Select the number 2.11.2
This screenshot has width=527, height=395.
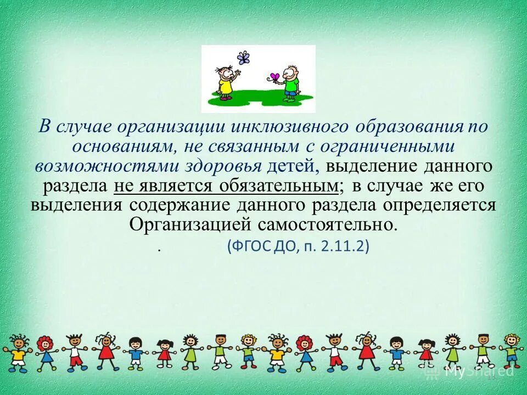(x=346, y=246)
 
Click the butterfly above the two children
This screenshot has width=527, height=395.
(x=243, y=58)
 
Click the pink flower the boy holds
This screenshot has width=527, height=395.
(x=275, y=77)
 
